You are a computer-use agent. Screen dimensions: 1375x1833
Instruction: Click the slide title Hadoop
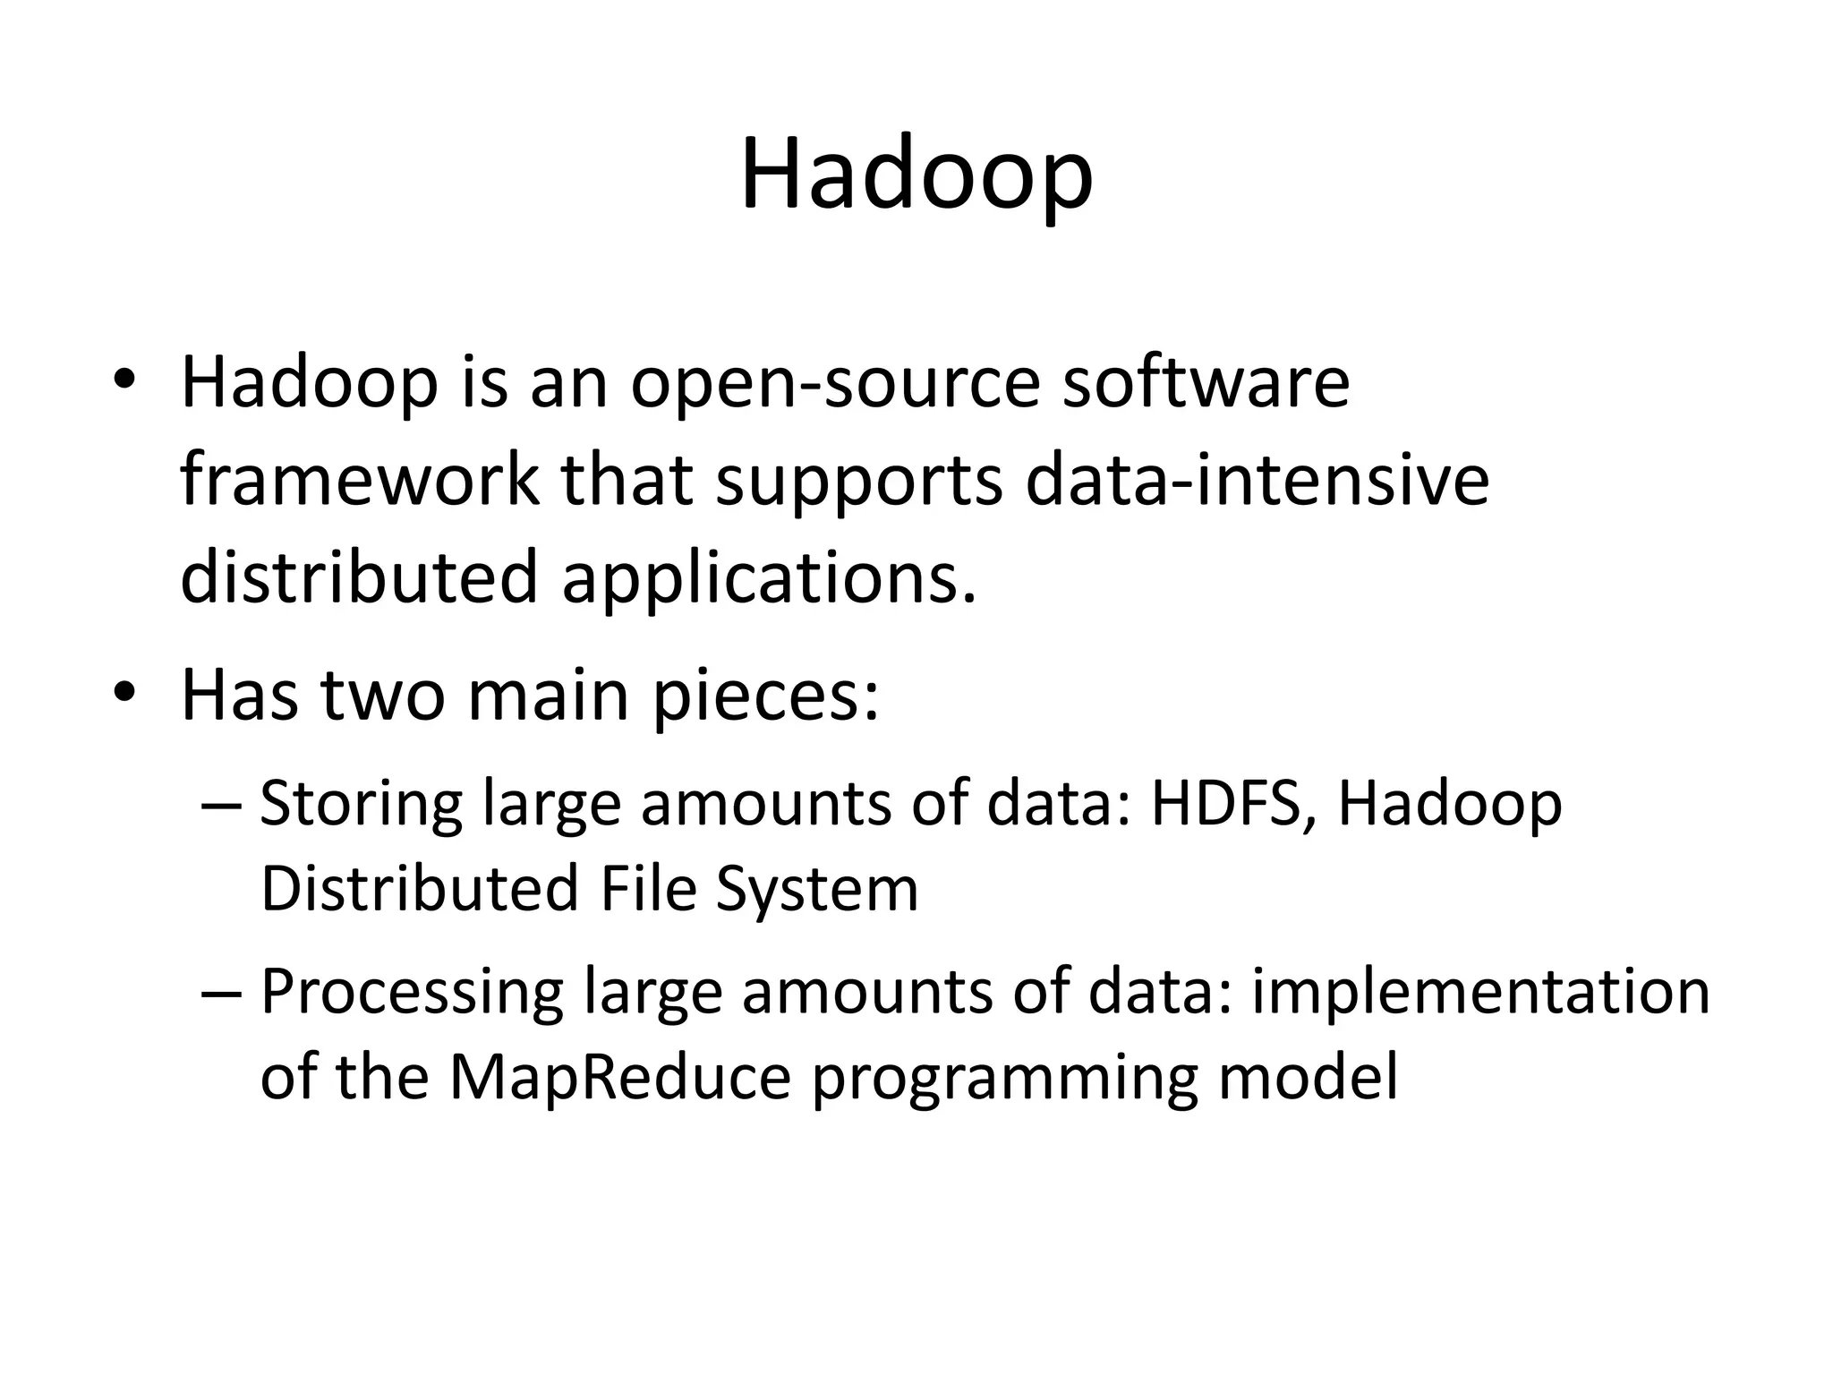point(916,175)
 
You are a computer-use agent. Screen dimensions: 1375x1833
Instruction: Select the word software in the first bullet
point(1206,383)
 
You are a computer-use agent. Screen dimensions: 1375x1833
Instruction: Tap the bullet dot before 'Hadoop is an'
point(124,380)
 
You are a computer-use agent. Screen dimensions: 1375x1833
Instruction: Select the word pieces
point(765,697)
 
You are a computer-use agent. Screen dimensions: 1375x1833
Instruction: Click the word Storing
point(361,803)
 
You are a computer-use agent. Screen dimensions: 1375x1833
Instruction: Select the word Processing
point(412,993)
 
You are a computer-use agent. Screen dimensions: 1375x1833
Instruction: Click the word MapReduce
point(620,1077)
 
